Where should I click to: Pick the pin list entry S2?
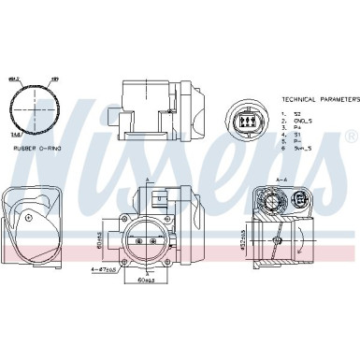click(293, 111)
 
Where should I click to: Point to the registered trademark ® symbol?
click(350, 137)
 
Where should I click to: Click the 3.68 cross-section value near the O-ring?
click(18, 136)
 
